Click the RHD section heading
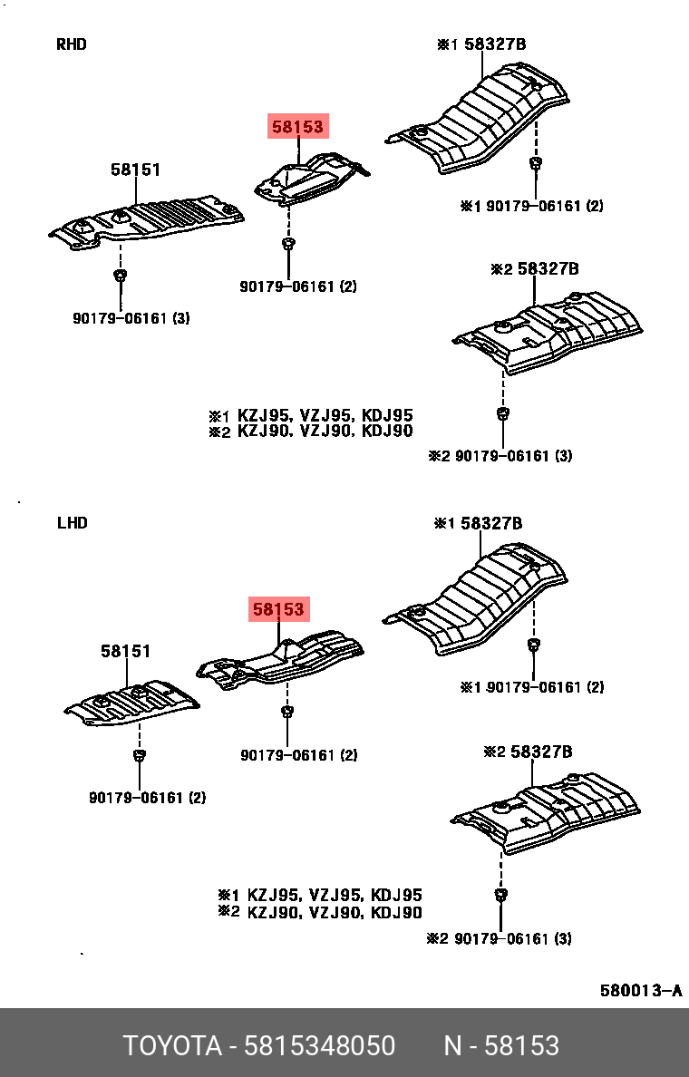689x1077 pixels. coord(72,44)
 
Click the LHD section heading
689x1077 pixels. coord(72,523)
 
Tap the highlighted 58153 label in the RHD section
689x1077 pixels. coord(297,128)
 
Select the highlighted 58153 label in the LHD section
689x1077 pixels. coord(279,610)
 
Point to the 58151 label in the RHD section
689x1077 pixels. coord(136,170)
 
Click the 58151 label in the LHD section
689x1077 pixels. coord(125,651)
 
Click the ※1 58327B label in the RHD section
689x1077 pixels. coord(481,44)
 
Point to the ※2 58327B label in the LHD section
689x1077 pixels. coord(528,752)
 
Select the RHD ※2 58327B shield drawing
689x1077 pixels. coord(548,331)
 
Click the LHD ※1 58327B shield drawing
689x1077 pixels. coord(476,603)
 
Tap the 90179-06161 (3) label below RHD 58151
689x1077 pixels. coord(131,318)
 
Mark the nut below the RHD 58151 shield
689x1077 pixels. coord(120,275)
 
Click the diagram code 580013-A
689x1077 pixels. coord(640,990)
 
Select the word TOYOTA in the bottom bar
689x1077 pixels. coord(172,1046)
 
